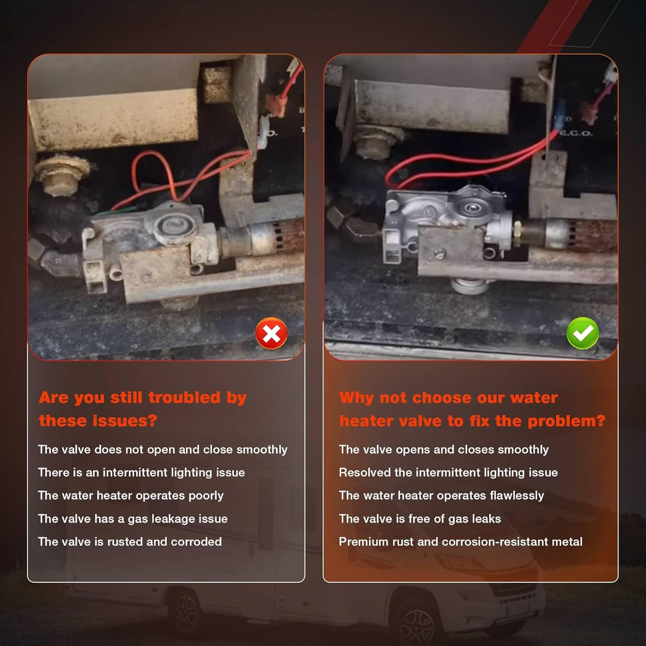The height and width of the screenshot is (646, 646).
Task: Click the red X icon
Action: [271, 333]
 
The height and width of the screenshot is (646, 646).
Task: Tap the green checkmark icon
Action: [583, 333]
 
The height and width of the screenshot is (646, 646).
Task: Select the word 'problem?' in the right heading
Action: [567, 421]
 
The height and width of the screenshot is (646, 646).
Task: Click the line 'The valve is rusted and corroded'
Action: [130, 541]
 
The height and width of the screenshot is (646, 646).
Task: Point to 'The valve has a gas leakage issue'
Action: [133, 519]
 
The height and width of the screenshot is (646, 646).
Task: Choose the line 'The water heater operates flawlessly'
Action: [441, 495]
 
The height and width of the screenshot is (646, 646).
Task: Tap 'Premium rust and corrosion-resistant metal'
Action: [460, 541]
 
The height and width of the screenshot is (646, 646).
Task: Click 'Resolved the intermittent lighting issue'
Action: [448, 472]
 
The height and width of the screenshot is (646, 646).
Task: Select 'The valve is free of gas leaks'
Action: [420, 519]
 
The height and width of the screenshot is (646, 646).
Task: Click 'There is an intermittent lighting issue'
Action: [141, 472]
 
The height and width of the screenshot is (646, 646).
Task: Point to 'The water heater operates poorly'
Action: [131, 495]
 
